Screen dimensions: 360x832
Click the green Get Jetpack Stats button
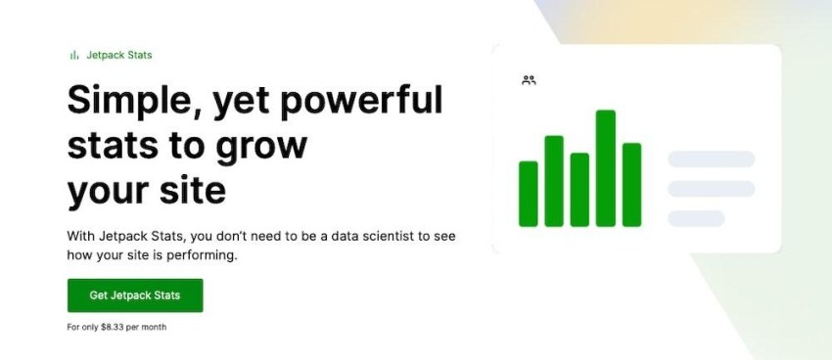pos(135,295)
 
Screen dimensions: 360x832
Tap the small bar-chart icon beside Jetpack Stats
pos(73,55)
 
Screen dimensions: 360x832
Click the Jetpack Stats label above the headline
pos(118,55)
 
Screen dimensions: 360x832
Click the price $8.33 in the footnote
pos(115,327)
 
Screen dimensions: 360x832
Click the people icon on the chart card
pos(530,80)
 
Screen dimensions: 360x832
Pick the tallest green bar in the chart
pos(605,168)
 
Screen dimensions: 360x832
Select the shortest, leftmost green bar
pos(529,194)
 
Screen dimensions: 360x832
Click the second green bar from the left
pos(554,181)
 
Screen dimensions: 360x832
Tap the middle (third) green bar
pos(579,190)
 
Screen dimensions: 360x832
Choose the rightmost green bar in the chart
pos(631,185)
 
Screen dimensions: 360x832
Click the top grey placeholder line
pos(711,158)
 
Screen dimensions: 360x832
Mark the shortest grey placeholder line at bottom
pos(696,218)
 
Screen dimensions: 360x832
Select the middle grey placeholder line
pos(711,188)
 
